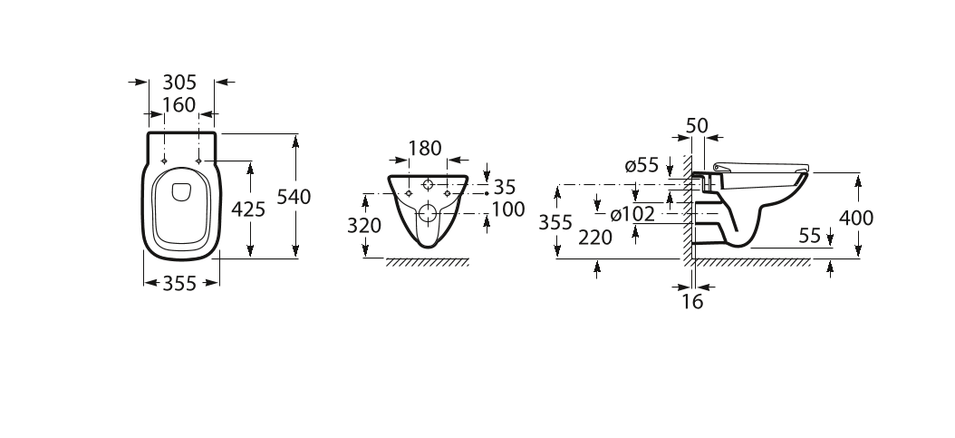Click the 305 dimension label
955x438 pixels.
(x=179, y=82)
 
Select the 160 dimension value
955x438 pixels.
(x=179, y=104)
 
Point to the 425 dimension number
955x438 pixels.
(x=248, y=209)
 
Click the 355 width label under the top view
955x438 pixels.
(x=180, y=284)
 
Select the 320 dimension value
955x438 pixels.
(x=365, y=225)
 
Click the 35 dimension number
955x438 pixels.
(x=505, y=187)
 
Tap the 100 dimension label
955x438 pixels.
(x=508, y=209)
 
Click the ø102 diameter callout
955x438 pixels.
(x=632, y=215)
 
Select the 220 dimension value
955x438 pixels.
(x=595, y=238)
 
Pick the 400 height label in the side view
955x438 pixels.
(x=856, y=218)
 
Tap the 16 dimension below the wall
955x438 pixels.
(x=692, y=302)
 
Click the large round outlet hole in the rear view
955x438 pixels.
(x=427, y=215)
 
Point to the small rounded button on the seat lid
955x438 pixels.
(x=178, y=190)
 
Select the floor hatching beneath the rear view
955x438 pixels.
(x=427, y=262)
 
